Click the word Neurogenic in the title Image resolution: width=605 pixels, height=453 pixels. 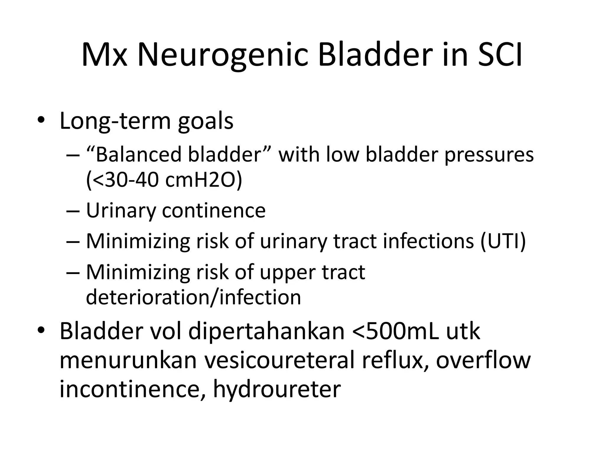[x=222, y=55]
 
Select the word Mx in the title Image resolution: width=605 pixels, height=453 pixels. [x=104, y=55]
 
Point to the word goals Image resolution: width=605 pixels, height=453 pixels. [x=206, y=122]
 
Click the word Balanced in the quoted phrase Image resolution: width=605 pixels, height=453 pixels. [x=138, y=155]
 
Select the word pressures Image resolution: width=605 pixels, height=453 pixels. [x=489, y=155]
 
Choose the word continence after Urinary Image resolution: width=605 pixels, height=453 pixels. [x=214, y=211]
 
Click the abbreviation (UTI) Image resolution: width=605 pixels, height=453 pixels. [x=503, y=241]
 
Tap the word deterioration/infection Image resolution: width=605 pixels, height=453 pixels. [x=193, y=297]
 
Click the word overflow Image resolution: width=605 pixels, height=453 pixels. [x=483, y=360]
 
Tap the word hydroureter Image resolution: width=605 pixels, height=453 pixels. [x=277, y=389]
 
